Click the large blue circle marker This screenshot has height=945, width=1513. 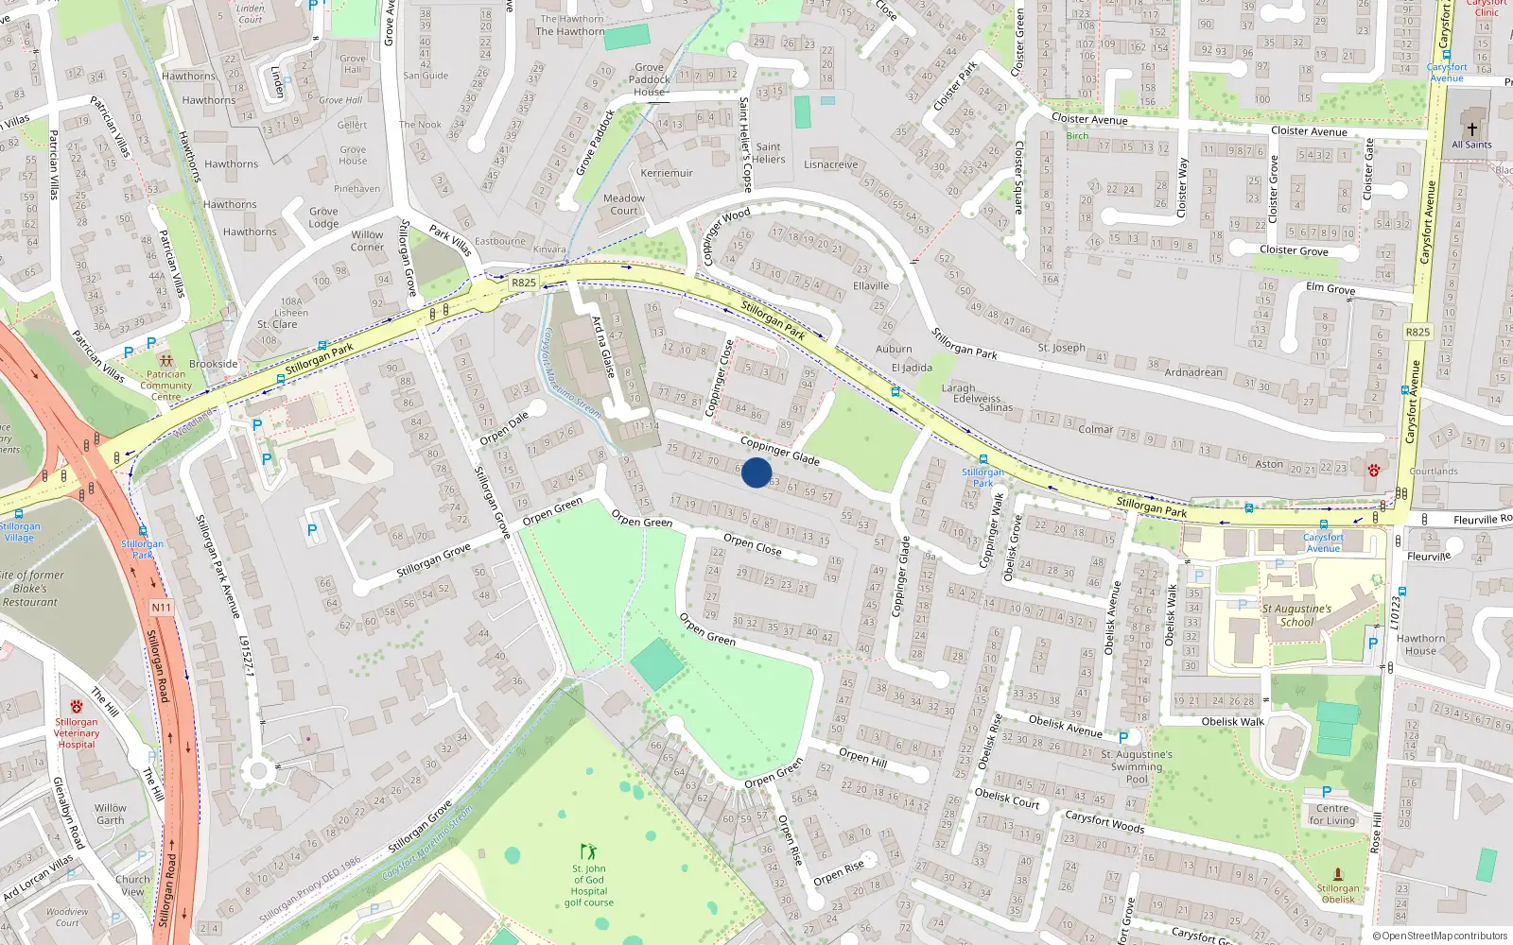[756, 472]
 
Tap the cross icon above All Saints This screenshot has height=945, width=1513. [1471, 129]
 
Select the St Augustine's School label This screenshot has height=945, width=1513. [1296, 615]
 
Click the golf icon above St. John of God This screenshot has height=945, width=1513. [588, 851]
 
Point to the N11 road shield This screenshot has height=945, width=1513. [161, 608]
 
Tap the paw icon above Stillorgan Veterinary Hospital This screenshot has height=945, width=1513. [77, 707]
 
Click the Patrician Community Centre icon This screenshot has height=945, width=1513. [166, 360]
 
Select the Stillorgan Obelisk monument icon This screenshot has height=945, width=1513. [1337, 874]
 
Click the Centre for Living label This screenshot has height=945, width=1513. [1332, 814]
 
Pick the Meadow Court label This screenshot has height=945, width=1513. [624, 204]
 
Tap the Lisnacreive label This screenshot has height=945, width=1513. [831, 164]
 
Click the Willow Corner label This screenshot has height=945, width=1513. [367, 241]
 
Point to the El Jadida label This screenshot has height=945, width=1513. [912, 368]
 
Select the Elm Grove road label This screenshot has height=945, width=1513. [1330, 288]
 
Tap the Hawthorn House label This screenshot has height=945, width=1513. [1420, 644]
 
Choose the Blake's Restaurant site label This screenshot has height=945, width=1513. [30, 588]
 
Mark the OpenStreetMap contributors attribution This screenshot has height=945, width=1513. [1440, 936]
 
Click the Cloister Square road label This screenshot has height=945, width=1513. [1018, 179]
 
